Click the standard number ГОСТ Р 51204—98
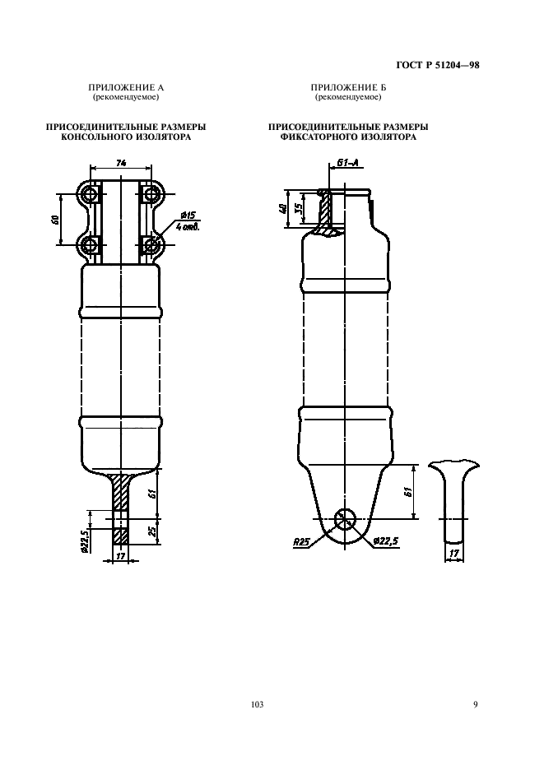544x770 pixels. pos(437,65)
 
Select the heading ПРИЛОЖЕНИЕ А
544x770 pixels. pos(126,88)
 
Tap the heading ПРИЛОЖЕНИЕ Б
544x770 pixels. pos(348,88)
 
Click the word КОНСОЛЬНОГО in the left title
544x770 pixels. pos(93,137)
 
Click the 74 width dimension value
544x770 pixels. pos(121,164)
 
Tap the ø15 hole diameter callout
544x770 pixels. pos(188,215)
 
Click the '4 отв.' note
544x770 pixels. pos(187,227)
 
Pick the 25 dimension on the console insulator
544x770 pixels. pos(152,531)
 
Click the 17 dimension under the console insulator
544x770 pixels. pos(120,556)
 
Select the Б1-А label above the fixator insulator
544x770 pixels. pos(347,163)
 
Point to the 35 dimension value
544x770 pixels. pos(298,208)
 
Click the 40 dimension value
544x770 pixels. pos(281,209)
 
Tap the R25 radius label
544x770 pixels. pos(300,542)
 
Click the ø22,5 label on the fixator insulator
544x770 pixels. pos(386,541)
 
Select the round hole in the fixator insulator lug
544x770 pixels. pos(346,518)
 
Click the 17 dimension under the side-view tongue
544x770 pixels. pos(454,554)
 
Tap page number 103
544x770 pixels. pos(257,705)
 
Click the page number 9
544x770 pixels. pos(475,705)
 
